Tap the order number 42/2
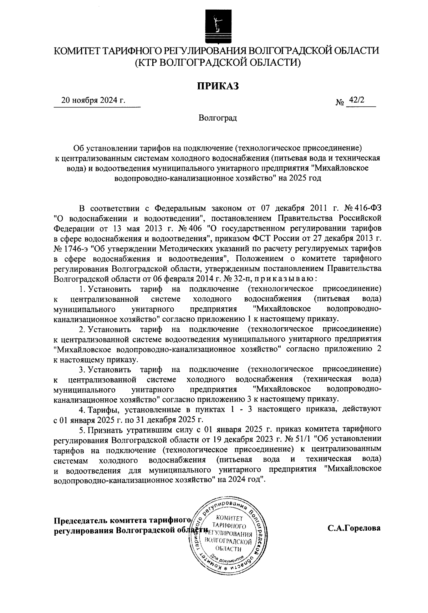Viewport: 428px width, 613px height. click(x=358, y=100)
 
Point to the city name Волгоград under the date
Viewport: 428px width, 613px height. click(x=217, y=118)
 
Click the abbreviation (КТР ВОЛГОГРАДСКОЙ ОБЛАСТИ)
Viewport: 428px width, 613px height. click(x=217, y=62)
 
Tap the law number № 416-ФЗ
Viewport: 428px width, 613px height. click(x=362, y=208)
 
